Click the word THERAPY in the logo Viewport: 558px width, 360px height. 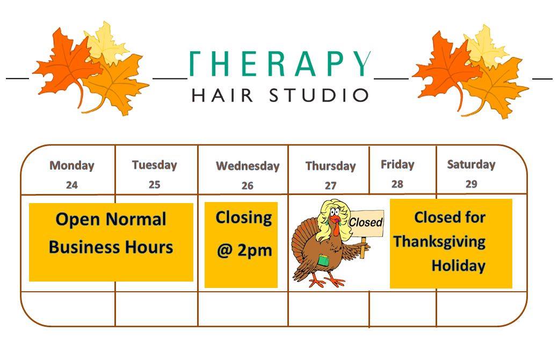tap(280, 64)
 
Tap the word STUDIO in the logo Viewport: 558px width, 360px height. tap(318, 96)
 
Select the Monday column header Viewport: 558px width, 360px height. tap(72, 165)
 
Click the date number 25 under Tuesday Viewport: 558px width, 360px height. tap(155, 184)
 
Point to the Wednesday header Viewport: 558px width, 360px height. tap(248, 166)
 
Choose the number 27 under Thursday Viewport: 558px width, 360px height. tap(331, 185)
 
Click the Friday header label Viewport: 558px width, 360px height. tap(397, 164)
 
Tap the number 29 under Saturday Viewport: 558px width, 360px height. tap(471, 184)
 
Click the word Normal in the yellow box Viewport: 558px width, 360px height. tap(136, 219)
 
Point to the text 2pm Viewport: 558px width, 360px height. tap(255, 250)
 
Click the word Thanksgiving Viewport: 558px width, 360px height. tap(439, 242)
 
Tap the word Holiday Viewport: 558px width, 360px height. tap(458, 265)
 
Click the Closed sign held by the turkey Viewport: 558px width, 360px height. tap(366, 223)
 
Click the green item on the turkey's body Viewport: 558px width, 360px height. tap(323, 260)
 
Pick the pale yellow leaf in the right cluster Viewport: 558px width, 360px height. tap(485, 46)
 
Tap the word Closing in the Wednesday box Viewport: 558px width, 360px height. tap(244, 218)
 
